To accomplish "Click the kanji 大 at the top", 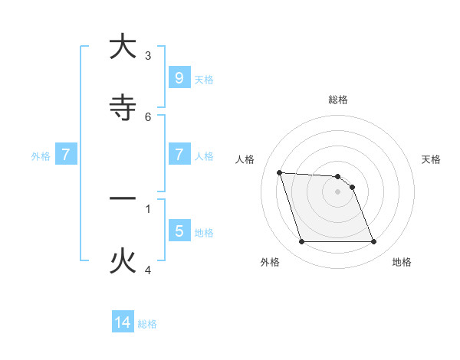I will tap(123, 47).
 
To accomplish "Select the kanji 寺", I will tap(123, 108).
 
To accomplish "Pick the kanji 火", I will tap(123, 261).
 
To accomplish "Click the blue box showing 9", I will tap(179, 78).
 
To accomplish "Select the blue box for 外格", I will tap(66, 155).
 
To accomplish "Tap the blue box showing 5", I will tap(179, 231).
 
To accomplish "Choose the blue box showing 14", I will tap(123, 322).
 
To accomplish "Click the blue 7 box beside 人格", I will tap(179, 155).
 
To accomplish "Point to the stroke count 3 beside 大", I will tap(148, 56).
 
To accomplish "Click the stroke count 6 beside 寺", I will tap(148, 117).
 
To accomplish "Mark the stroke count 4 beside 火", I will tap(148, 270).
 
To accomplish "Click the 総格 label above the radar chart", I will tap(338, 100).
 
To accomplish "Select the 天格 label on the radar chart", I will tap(432, 159).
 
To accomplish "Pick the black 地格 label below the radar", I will tap(402, 262).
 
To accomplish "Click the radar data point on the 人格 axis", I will tap(280, 172).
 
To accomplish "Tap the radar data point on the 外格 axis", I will tap(301, 242).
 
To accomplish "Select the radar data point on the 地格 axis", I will tap(373, 242).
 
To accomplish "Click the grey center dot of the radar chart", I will tap(337, 191).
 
